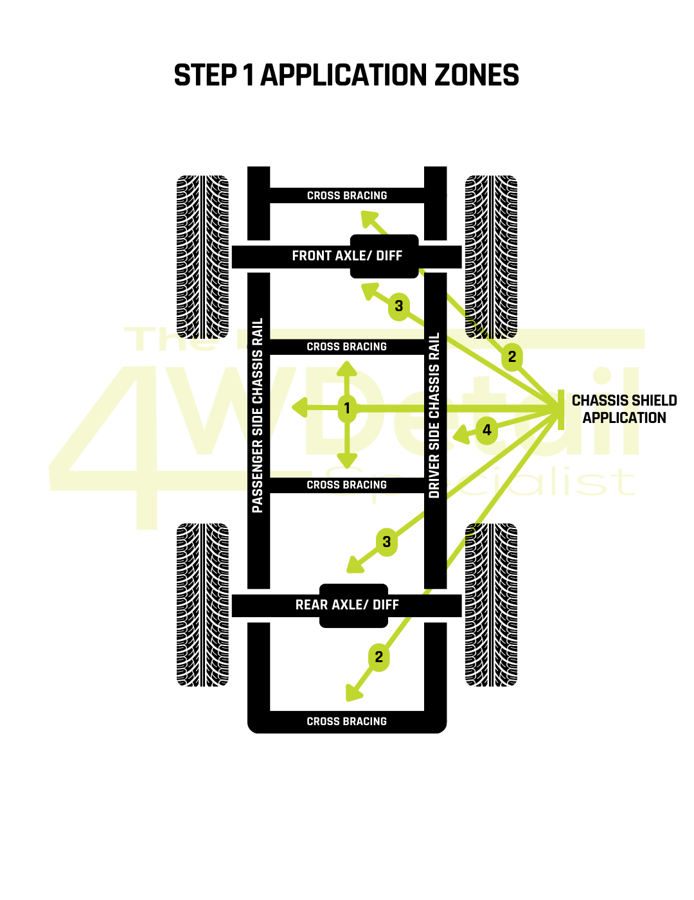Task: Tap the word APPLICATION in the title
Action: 343,75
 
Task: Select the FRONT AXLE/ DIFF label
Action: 347,256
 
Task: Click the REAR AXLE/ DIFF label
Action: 347,605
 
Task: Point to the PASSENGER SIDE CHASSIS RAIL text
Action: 258,416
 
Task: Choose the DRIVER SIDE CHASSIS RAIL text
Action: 435,416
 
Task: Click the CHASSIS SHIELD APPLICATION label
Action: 624,409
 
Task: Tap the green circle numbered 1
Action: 347,408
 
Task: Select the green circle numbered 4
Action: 487,430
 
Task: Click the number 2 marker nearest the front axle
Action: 512,357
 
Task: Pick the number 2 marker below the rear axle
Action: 378,657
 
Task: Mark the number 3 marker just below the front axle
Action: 399,305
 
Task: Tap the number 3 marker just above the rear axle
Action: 386,541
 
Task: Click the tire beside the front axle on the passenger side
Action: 203,257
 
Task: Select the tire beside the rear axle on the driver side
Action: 491,605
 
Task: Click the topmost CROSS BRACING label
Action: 347,196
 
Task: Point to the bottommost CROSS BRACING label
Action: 347,721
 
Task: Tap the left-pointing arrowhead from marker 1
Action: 300,408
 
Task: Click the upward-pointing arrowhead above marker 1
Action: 347,368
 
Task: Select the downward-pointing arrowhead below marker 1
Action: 347,460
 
